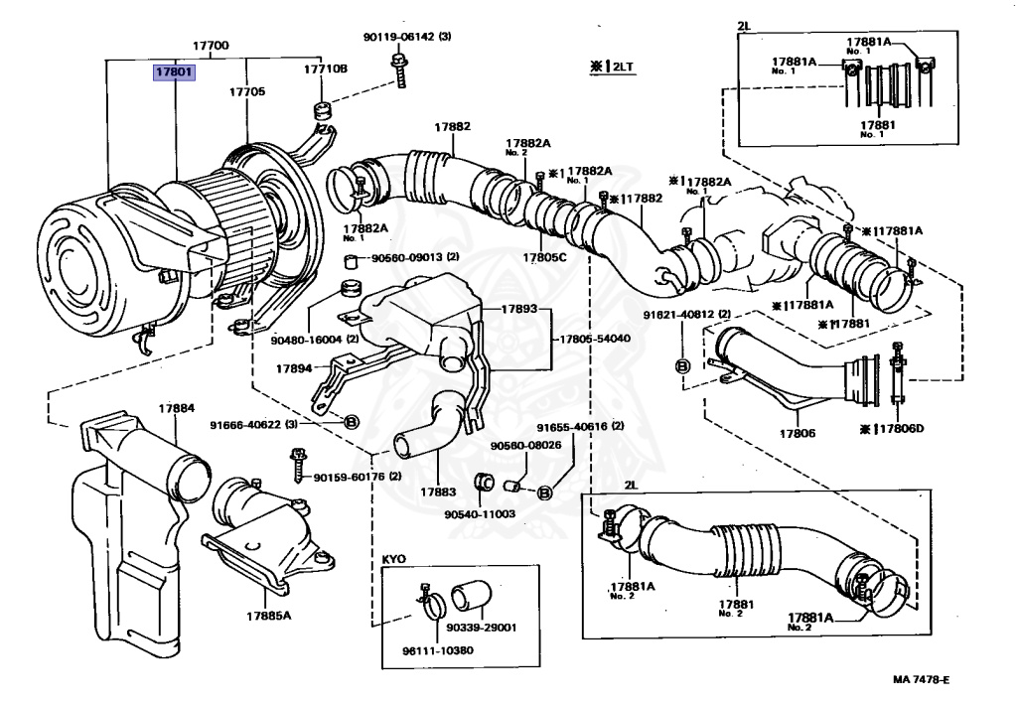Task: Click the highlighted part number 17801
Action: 174,71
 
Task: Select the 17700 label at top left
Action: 211,46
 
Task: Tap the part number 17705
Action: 247,91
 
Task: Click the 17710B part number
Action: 326,69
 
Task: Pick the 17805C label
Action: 545,257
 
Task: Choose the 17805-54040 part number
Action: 595,339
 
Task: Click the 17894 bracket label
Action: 294,368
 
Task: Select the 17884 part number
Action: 177,408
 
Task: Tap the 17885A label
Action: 268,616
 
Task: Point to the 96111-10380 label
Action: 438,650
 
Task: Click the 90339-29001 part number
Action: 482,628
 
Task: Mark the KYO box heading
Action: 393,559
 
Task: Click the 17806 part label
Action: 798,433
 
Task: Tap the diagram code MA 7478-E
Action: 921,679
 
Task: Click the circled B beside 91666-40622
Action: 350,423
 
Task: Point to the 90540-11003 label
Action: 480,514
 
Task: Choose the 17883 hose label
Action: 438,493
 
